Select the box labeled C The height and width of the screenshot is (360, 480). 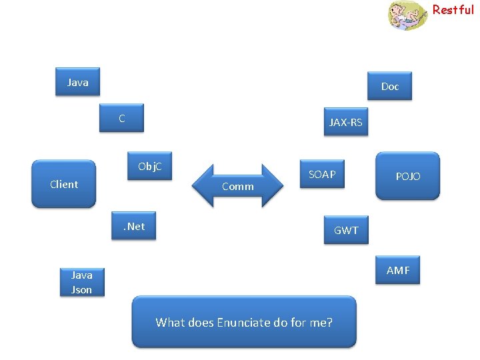122,119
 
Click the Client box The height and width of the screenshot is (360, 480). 64,184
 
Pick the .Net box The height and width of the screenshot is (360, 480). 133,227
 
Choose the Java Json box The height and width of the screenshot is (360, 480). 81,282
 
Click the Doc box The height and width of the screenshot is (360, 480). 389,86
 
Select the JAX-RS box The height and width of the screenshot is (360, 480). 345,122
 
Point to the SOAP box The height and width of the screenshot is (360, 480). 322,175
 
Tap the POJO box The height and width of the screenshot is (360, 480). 407,176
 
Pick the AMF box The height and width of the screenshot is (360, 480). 397,270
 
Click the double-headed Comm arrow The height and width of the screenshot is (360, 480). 238,186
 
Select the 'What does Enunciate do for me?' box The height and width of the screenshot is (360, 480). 244,323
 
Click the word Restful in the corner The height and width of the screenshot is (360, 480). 453,9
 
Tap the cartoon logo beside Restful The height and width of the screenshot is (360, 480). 407,15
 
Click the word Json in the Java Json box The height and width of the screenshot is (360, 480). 81,290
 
